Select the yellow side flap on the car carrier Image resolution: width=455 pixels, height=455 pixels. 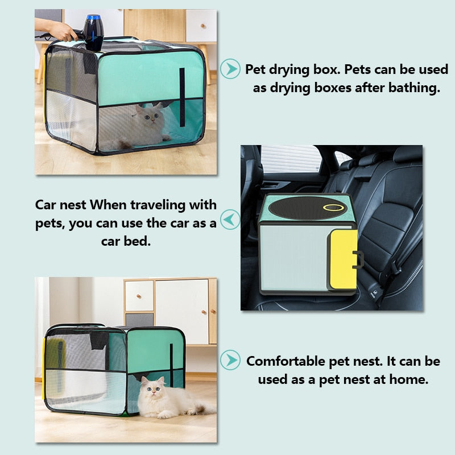coord(343,259)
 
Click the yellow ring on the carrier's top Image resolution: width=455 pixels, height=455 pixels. coord(333,207)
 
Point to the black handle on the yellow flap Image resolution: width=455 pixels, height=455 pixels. coord(358,259)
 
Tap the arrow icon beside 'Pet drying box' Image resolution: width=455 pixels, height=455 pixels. coord(230,69)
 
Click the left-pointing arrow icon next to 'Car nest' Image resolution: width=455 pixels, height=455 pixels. coord(230,220)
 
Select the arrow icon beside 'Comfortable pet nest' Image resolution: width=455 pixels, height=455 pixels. coord(230,360)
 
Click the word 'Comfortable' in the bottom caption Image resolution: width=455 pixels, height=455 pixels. coord(286,361)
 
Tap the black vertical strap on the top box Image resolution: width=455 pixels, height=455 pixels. coord(182,97)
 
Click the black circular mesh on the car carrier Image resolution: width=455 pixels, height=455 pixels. coord(308,208)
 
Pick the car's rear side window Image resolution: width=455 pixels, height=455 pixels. coord(291,159)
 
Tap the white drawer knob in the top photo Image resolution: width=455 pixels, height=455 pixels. coord(203,26)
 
